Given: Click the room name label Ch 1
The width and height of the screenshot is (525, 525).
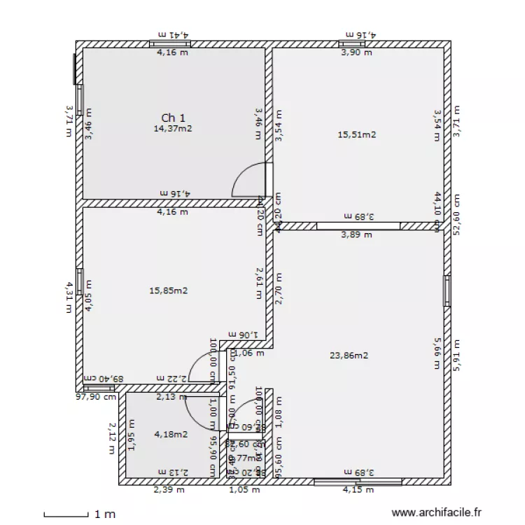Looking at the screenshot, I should pyautogui.click(x=173, y=118).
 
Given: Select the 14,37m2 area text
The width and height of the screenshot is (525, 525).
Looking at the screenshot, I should pyautogui.click(x=173, y=128).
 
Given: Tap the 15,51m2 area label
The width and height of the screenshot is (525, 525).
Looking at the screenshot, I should pyautogui.click(x=356, y=134).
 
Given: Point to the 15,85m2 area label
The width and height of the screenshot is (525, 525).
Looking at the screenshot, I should pyautogui.click(x=168, y=290).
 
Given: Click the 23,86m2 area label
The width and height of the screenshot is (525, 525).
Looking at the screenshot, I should pyautogui.click(x=349, y=355).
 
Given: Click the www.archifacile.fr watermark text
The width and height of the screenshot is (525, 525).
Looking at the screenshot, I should pyautogui.click(x=437, y=513).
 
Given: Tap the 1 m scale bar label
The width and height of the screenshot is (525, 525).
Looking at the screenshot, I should pyautogui.click(x=105, y=514).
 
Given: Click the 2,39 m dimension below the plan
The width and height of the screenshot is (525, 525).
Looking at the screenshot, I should pyautogui.click(x=169, y=490).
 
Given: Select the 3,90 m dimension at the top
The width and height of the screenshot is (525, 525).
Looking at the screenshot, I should pyautogui.click(x=356, y=52).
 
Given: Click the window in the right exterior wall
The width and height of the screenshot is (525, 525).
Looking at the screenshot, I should pyautogui.click(x=446, y=290).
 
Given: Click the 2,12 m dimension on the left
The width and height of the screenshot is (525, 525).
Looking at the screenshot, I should pyautogui.click(x=111, y=437).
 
